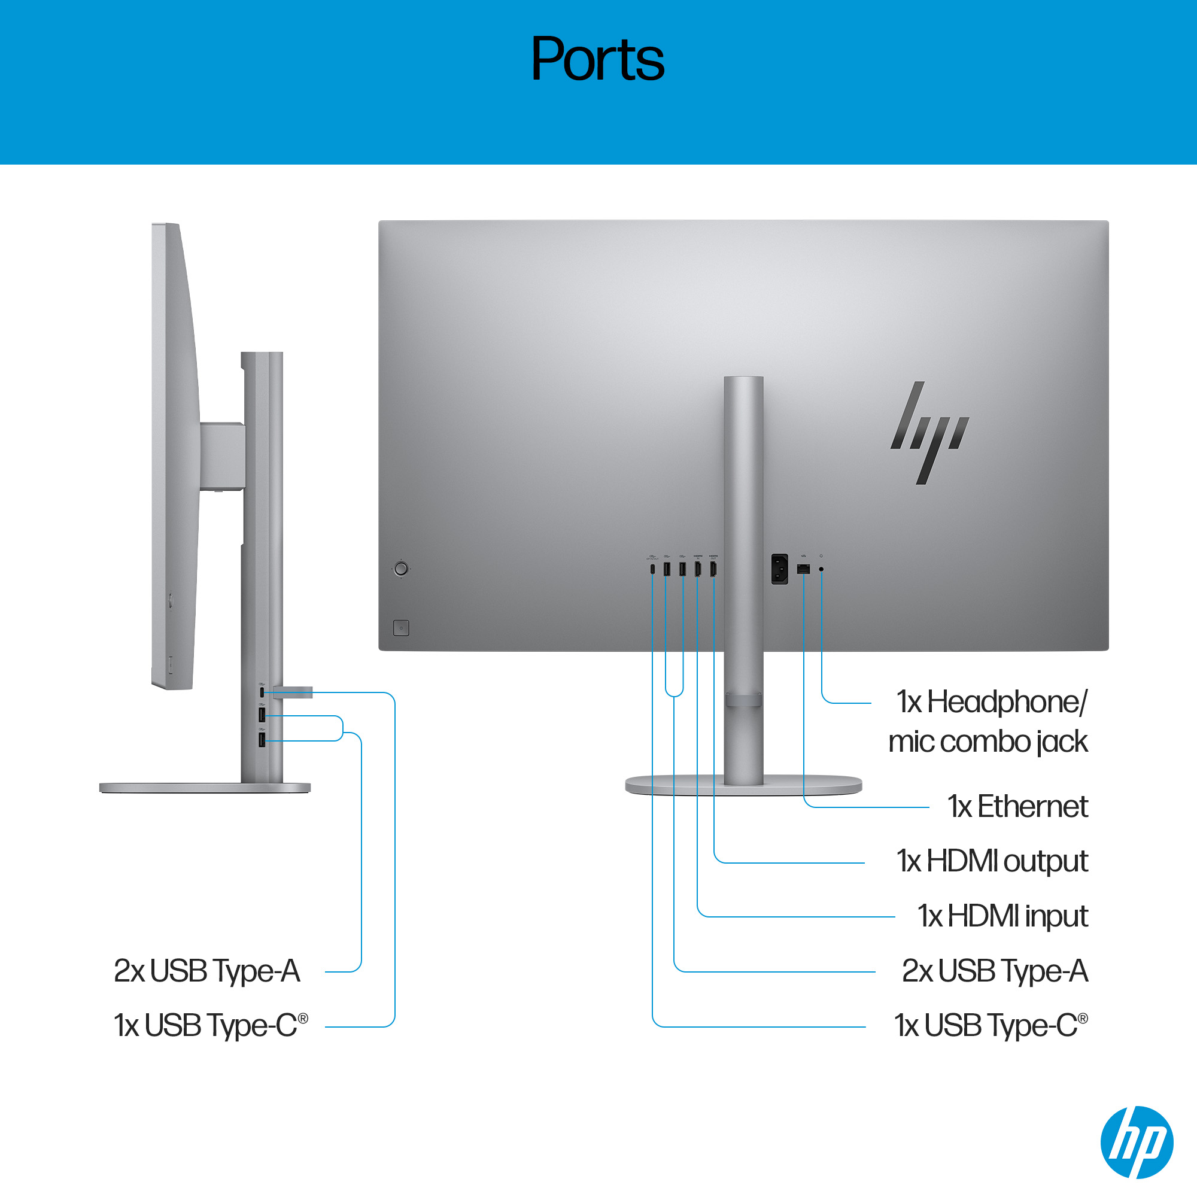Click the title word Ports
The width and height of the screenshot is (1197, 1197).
[598, 59]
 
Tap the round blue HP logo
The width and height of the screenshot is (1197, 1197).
[1137, 1142]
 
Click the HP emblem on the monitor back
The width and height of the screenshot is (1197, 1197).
[929, 433]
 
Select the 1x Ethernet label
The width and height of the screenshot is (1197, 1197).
[1017, 806]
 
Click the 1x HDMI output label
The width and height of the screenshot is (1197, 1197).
[992, 861]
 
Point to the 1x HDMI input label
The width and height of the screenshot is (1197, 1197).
[1002, 916]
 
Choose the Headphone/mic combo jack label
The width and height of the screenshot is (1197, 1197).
[988, 722]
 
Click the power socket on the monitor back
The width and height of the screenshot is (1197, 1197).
[779, 569]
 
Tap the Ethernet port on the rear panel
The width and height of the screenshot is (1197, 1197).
[804, 569]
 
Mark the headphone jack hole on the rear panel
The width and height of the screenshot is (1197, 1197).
[822, 569]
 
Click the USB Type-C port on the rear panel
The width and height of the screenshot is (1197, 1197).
[652, 569]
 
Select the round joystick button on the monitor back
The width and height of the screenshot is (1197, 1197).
[401, 568]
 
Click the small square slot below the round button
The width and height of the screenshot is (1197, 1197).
[401, 628]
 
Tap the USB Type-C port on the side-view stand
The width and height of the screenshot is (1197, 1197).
[262, 692]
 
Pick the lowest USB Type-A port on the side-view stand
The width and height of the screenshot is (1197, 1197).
[262, 740]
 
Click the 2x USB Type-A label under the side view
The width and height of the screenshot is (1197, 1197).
[207, 971]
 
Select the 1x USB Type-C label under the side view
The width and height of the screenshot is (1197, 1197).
[211, 1025]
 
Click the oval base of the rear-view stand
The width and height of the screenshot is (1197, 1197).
[743, 785]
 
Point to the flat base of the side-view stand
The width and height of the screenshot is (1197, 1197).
[205, 788]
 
